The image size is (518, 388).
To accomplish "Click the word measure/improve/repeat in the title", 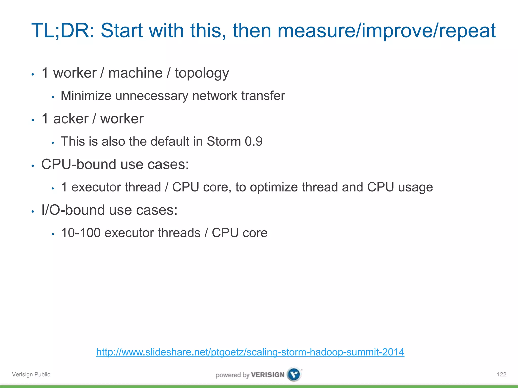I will (x=386, y=31).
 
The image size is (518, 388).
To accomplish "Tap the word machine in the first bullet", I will (x=135, y=73).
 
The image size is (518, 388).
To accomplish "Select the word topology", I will (x=202, y=74).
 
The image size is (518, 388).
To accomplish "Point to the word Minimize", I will (x=86, y=96).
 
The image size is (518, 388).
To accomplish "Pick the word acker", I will (x=71, y=119).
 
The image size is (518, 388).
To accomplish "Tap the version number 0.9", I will (x=253, y=141).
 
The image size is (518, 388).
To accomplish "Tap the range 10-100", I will (x=81, y=233).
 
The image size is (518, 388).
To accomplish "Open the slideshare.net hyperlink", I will (x=250, y=352).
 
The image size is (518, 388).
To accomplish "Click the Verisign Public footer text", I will (x=31, y=374).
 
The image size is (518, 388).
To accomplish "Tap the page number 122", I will (x=502, y=374).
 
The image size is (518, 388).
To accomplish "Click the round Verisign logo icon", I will (x=294, y=374).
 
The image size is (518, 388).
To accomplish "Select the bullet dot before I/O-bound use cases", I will (x=33, y=212).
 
